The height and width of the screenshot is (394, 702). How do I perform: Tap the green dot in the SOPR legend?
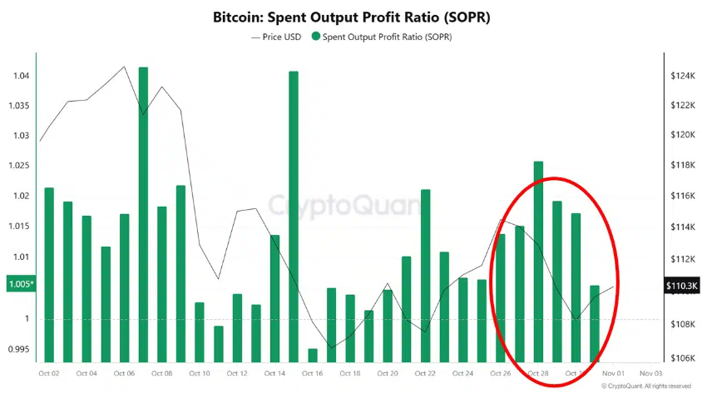pos(315,37)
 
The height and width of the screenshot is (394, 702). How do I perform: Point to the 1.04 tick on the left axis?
pos(19,76)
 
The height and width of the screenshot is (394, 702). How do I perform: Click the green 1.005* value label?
pos(21,284)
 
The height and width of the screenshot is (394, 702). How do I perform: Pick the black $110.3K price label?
pos(681,286)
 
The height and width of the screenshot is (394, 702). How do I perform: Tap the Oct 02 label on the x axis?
pos(49,374)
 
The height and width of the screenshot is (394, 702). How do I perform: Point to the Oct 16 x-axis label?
pos(312,374)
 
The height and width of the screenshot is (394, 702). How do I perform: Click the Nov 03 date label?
pos(650,374)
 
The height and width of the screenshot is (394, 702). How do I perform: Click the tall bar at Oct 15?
pos(294,217)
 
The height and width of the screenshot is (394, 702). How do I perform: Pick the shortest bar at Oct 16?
pos(312,356)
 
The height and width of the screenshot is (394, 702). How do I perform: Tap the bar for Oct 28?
pos(538,262)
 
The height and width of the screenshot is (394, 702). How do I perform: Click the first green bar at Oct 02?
pos(49,275)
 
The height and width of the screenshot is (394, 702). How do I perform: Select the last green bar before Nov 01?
pos(595,324)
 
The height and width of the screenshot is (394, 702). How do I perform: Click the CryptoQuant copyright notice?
pos(645,387)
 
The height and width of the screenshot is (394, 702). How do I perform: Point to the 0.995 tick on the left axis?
pos(18,349)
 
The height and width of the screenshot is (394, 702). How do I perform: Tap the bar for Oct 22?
pos(426,276)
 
